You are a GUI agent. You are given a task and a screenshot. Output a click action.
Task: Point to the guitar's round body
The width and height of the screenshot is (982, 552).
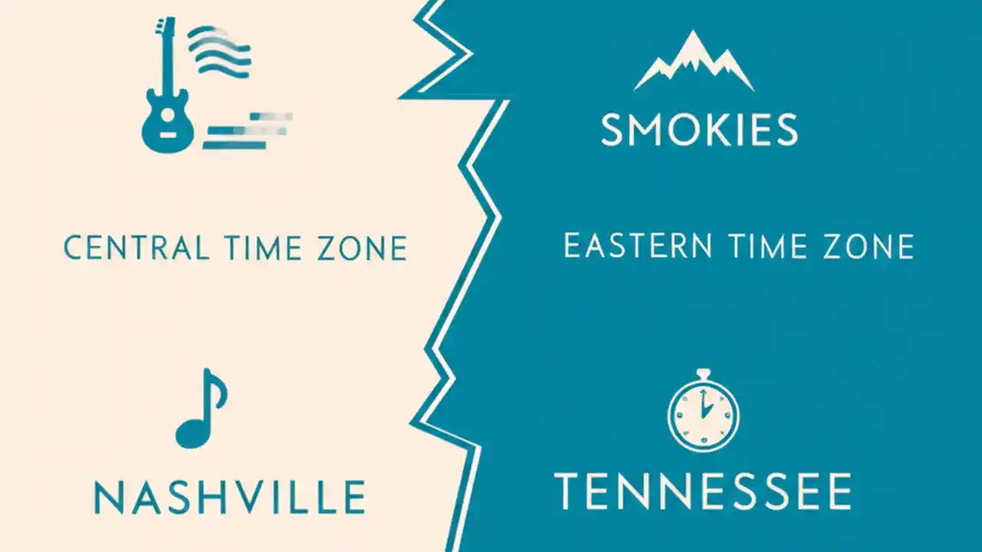167,127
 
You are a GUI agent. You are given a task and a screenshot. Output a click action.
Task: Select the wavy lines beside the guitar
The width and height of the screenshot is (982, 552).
219,50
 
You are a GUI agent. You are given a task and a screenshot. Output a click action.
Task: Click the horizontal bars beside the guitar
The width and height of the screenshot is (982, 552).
245,130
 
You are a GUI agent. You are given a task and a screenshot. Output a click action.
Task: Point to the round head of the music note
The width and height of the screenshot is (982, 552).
190,435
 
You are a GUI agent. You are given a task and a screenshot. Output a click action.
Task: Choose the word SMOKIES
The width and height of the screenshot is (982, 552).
699,130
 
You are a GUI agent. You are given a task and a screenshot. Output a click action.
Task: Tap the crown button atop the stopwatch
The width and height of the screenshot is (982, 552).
703,373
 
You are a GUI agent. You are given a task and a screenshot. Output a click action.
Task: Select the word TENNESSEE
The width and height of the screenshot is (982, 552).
702,491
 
